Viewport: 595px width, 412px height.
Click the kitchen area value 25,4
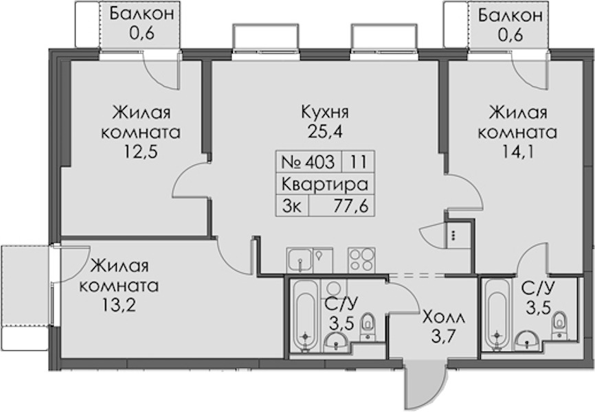(325, 133)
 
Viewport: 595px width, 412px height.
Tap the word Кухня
(325, 113)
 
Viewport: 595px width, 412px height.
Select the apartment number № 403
(308, 162)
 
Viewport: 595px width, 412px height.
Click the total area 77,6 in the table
(351, 207)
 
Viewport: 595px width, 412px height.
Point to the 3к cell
(292, 207)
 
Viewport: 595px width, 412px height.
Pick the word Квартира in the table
(325, 185)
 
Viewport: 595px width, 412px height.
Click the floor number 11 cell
(358, 162)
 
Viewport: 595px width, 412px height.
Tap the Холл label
(443, 317)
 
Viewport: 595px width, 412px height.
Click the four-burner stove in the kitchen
(361, 260)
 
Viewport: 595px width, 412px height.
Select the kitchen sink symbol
(300, 260)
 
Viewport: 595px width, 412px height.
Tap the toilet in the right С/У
(559, 324)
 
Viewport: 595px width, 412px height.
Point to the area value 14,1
(517, 152)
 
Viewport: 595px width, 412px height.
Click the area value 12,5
(140, 152)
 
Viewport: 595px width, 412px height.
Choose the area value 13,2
(119, 305)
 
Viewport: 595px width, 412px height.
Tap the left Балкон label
(142, 13)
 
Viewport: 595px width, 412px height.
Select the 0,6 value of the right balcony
(510, 35)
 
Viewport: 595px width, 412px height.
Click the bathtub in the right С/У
(497, 315)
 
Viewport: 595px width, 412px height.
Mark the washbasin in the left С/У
(336, 342)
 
